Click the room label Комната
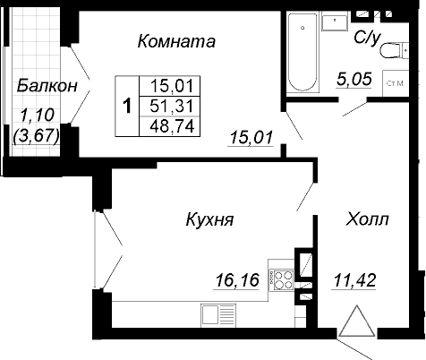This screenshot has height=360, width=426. pyautogui.click(x=176, y=41)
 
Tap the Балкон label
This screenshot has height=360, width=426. pyautogui.click(x=47, y=86)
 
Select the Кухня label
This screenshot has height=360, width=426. pyautogui.click(x=209, y=219)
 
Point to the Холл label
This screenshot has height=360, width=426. pyautogui.click(x=367, y=219)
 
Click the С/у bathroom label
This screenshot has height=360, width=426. pyautogui.click(x=367, y=39)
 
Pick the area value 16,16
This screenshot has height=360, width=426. pyautogui.click(x=237, y=280)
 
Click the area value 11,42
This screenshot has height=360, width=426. pyautogui.click(x=354, y=280)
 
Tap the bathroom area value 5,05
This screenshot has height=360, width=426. pyautogui.click(x=354, y=80)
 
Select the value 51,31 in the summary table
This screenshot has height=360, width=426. pyautogui.click(x=172, y=106)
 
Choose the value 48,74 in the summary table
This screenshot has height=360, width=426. pyautogui.click(x=173, y=126)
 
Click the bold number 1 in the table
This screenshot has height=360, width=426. pyautogui.click(x=127, y=106)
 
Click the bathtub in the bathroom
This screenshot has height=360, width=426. pyautogui.click(x=302, y=52)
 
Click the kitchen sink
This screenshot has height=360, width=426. pyautogui.click(x=218, y=314)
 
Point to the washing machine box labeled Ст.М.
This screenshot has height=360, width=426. pyautogui.click(x=396, y=83)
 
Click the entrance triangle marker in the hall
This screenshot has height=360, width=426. pyautogui.click(x=357, y=321)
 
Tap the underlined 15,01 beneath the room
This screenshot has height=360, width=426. pyautogui.click(x=251, y=138)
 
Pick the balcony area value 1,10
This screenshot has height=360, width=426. pyautogui.click(x=38, y=116)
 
